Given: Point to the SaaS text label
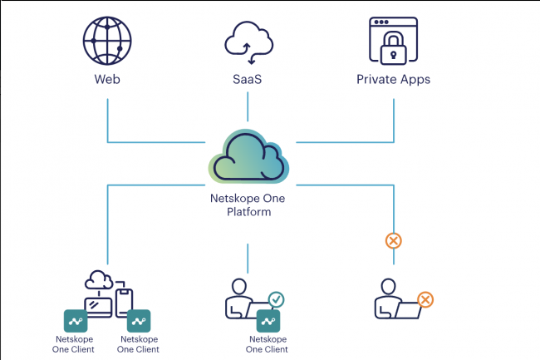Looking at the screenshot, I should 248,80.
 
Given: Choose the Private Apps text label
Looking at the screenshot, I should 393,80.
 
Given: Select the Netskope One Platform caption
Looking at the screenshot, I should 248,206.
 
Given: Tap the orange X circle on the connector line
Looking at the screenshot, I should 394,241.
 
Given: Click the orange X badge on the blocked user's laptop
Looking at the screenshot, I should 425,299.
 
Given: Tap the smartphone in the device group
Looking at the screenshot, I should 123,302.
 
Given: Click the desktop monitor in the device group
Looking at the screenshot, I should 99,305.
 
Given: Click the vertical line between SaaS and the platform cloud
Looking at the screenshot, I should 248,109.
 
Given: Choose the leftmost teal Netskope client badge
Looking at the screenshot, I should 76,321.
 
